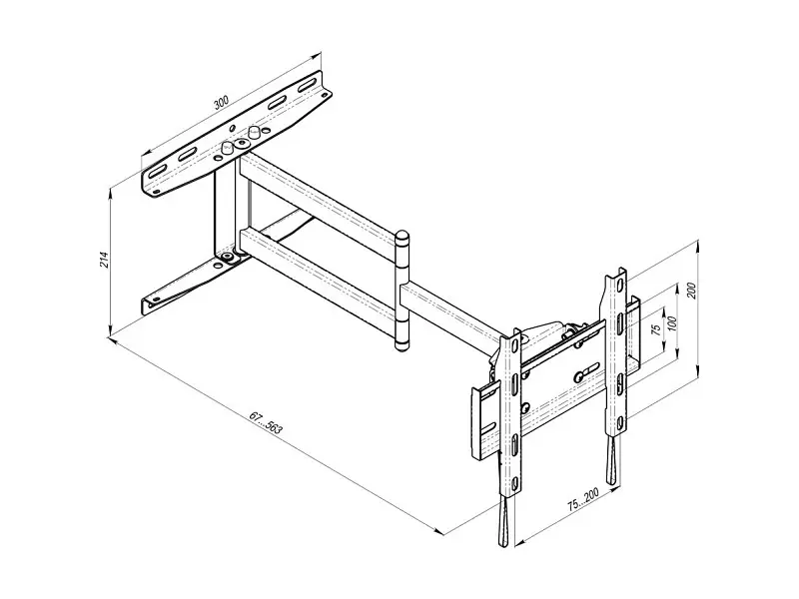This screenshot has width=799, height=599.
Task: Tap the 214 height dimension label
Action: (x=105, y=260)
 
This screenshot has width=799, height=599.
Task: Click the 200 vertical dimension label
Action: (x=691, y=290)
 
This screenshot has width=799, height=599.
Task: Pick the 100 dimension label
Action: (x=672, y=322)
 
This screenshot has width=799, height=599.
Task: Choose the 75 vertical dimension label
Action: (x=657, y=329)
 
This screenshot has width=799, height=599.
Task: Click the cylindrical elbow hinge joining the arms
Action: (x=402, y=291)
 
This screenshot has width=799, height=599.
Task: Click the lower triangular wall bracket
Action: (x=189, y=284)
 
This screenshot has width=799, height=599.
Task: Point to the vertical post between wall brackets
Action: (x=225, y=209)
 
